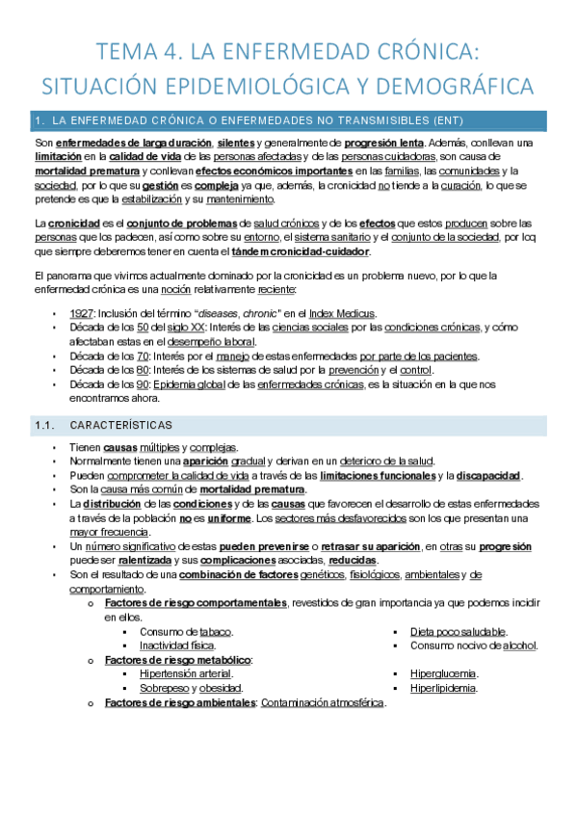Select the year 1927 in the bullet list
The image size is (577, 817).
click(x=82, y=313)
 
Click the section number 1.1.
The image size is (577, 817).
click(x=46, y=425)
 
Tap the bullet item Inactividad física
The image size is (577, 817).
click(x=176, y=646)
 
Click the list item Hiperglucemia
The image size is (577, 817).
click(x=443, y=674)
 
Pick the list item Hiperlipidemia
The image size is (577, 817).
click(x=443, y=688)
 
